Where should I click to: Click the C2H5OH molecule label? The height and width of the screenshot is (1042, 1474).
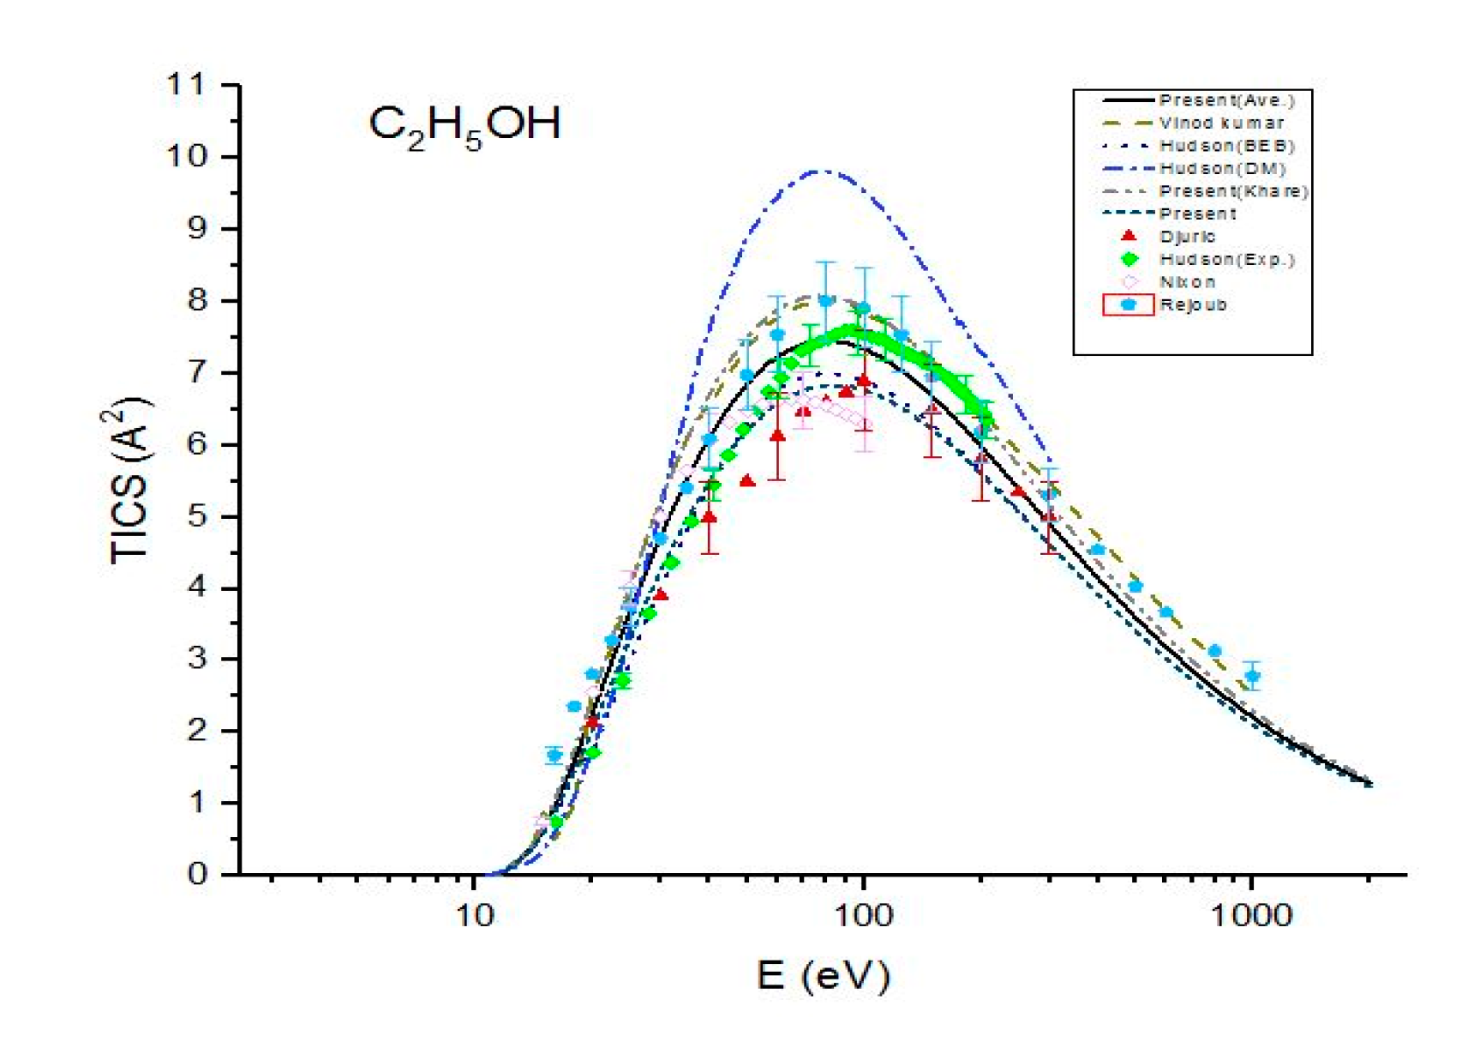pyautogui.click(x=464, y=124)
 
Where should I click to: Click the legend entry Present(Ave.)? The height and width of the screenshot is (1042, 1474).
pyautogui.click(x=1226, y=100)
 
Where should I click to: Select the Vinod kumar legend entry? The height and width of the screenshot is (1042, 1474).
pyautogui.click(x=1221, y=123)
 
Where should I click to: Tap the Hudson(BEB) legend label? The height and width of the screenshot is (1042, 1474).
pyautogui.click(x=1226, y=146)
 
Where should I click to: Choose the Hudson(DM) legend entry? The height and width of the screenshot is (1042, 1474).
pyautogui.click(x=1223, y=168)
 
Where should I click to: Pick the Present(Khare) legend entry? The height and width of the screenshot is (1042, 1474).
pyautogui.click(x=1233, y=191)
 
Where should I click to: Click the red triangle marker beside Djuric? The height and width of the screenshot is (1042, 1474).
pyautogui.click(x=1129, y=236)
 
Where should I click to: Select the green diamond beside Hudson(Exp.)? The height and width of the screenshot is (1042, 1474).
pyautogui.click(x=1129, y=259)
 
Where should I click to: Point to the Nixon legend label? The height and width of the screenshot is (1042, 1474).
pyautogui.click(x=1187, y=282)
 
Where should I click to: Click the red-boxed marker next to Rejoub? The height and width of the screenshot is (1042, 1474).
pyautogui.click(x=1129, y=304)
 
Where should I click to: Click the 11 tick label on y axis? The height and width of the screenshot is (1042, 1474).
pyautogui.click(x=186, y=85)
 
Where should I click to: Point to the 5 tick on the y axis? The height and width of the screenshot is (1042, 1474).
pyautogui.click(x=197, y=516)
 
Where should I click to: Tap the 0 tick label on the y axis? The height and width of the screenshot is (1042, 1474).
pyautogui.click(x=197, y=874)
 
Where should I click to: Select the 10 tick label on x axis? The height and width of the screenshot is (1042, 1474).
pyautogui.click(x=474, y=915)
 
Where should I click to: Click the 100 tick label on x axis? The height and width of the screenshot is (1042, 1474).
pyautogui.click(x=863, y=915)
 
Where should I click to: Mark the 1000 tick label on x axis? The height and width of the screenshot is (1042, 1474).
pyautogui.click(x=1251, y=915)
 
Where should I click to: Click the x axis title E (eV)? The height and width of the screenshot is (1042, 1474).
pyautogui.click(x=823, y=975)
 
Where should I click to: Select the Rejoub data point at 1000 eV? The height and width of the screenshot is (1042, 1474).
pyautogui.click(x=1252, y=676)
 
